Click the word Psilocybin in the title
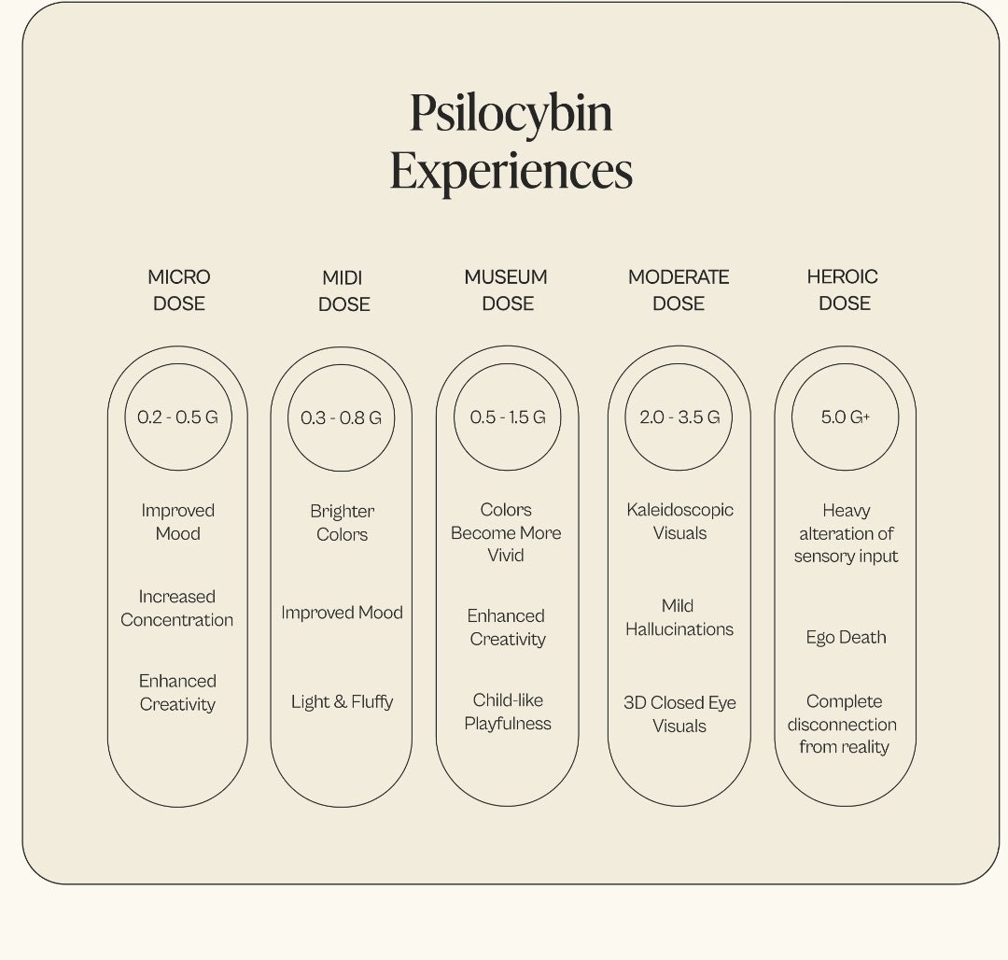coord(511,115)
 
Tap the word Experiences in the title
coord(511,171)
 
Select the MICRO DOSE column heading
coord(178,290)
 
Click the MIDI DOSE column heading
coord(343,290)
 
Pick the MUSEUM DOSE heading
coord(507,290)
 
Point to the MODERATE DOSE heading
coord(679,290)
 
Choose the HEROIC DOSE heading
coord(844,290)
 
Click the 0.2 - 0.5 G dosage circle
coord(178,364)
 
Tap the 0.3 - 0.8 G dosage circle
coord(342,364)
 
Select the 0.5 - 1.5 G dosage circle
coord(507,364)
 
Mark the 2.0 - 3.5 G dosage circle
coord(679,364)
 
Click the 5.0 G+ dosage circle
coord(845,364)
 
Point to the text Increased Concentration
coord(176,608)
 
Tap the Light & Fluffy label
coord(342,701)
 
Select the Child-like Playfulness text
coord(508,712)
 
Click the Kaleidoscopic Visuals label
coord(679,521)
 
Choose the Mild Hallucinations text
coord(679,617)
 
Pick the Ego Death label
coord(846,637)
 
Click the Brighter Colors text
coord(342,523)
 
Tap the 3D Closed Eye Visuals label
coord(679,713)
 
